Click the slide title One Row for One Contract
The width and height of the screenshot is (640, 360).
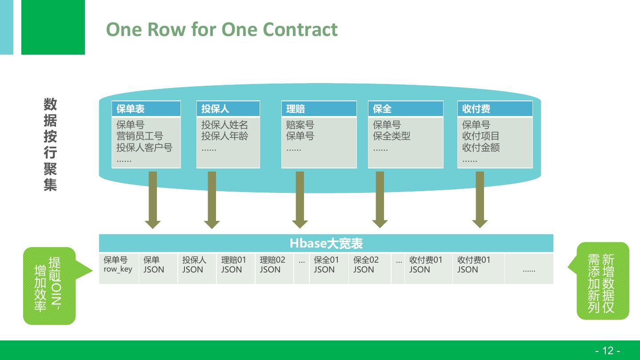pos(222,29)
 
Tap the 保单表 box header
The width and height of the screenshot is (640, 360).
pos(146,109)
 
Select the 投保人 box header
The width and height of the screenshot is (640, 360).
pos(228,109)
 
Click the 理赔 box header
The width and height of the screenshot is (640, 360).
pos(319,109)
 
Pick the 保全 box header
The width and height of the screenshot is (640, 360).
pos(405,109)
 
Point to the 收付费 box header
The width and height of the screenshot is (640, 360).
pos(495,109)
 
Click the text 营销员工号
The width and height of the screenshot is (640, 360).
pos(140,136)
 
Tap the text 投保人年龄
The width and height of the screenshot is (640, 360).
pos(224,136)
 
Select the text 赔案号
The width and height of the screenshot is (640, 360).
pos(300,125)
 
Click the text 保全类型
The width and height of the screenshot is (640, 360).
pos(392,136)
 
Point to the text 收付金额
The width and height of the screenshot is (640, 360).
pos(481,147)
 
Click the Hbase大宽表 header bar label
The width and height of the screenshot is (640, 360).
pos(326,244)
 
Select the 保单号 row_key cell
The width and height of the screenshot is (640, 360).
pos(118,264)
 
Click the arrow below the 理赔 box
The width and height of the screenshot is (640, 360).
pos(300,200)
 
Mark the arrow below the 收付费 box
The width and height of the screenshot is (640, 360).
pos(480,200)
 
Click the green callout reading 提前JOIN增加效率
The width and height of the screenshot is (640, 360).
pos(49,285)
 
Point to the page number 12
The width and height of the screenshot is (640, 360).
pos(608,351)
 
